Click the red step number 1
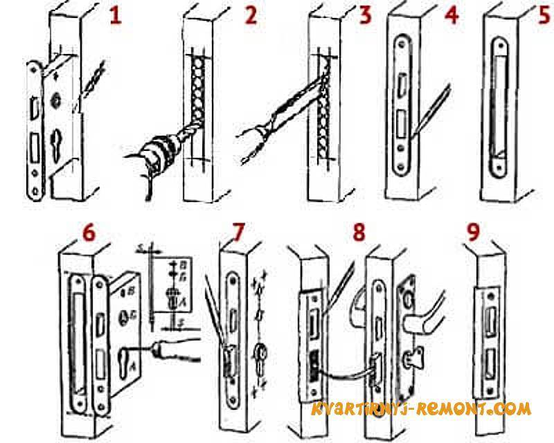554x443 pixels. click(114, 16)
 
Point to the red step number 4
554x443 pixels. click(452, 15)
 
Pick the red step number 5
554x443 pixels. click(542, 15)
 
